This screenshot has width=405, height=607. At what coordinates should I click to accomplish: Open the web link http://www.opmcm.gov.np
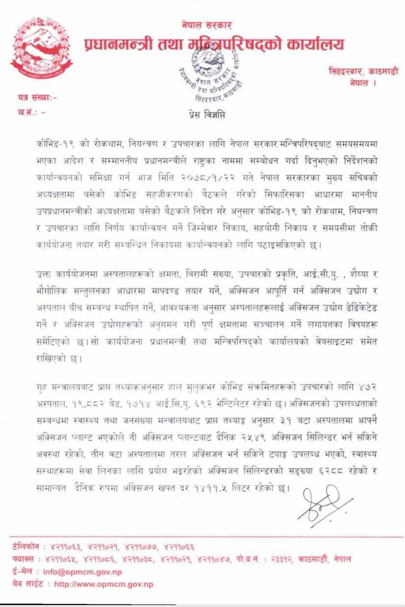click(x=103, y=584)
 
